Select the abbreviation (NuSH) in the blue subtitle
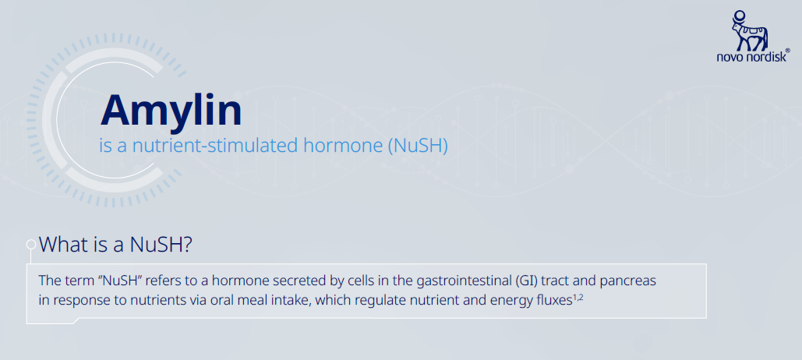418,146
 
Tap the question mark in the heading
187,245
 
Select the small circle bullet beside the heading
30,244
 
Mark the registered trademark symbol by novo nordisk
787,51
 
